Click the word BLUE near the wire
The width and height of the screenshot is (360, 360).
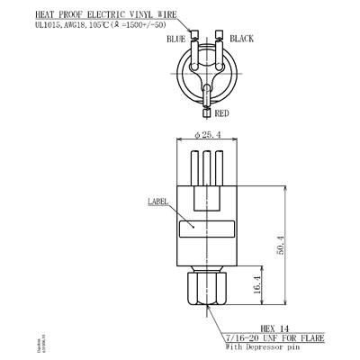(176, 40)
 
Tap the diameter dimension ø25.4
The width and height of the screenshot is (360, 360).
(209, 135)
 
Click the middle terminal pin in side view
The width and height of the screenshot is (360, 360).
(209, 168)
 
